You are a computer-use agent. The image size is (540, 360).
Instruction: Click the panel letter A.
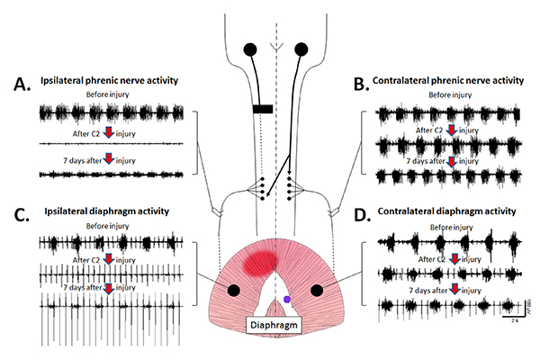[x=20, y=85]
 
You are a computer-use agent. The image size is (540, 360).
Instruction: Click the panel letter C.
[x=20, y=219]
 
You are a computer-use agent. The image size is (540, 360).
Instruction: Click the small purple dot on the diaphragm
[x=285, y=298]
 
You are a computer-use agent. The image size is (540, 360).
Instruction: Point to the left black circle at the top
[x=249, y=49]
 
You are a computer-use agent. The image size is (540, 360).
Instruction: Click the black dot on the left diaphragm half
[x=234, y=290]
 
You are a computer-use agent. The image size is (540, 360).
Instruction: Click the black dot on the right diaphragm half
[x=316, y=289]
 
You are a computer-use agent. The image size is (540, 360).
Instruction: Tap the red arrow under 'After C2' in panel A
[x=111, y=132]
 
